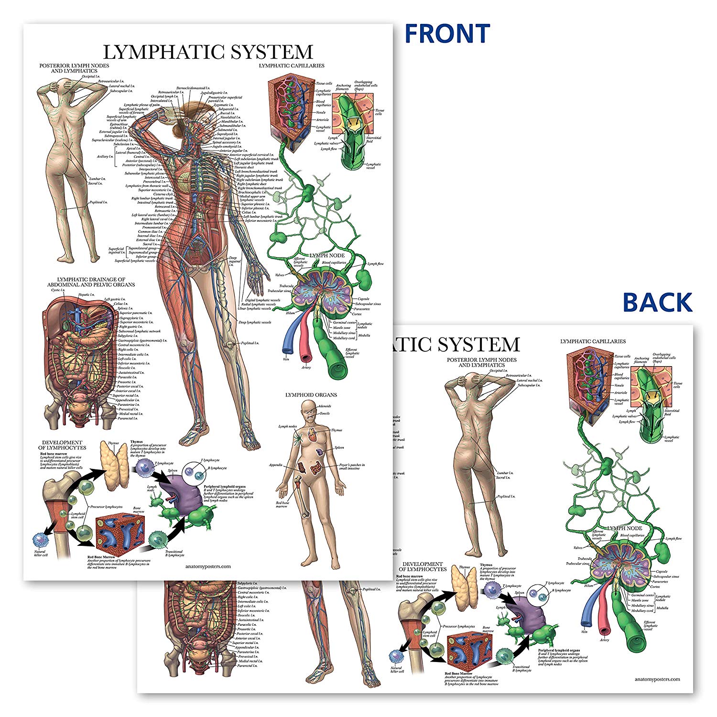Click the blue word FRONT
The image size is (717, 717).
coord(447,33)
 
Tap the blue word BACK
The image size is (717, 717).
coord(657,303)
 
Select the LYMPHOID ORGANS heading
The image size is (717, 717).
coord(311,395)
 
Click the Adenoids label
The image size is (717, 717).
coord(325,406)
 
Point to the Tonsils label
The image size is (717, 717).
coord(325,413)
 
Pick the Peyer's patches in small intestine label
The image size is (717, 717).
coord(353,467)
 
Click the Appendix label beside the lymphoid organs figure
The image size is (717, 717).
coord(276,465)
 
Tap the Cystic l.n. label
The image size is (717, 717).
coord(58,290)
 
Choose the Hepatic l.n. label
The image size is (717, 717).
coord(87,295)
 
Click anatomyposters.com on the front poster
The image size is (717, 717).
coord(207,566)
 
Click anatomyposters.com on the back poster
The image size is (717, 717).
coord(657,679)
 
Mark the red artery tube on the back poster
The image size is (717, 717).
coord(604,619)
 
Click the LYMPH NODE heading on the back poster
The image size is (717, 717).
coord(625,528)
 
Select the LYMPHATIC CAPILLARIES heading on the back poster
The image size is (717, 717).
coord(593,341)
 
